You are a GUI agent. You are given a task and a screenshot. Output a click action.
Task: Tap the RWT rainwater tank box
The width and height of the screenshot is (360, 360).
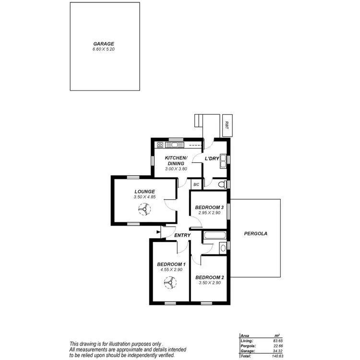click(x=226, y=125)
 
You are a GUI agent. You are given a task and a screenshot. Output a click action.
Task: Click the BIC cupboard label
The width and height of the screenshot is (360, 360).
click(x=196, y=184)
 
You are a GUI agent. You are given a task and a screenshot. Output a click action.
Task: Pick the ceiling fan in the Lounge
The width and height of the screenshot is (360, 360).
click(x=144, y=209)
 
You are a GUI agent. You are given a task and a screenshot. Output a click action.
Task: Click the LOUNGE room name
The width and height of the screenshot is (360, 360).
click(x=144, y=191)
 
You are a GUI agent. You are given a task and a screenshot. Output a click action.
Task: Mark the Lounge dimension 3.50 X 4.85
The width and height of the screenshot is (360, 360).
click(x=144, y=197)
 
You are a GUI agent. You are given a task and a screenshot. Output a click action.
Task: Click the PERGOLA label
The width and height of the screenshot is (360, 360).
click(x=255, y=234)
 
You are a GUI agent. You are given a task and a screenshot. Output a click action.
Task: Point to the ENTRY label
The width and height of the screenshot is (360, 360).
click(x=182, y=235)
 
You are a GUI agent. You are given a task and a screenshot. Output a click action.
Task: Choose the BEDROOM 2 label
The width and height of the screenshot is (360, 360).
click(x=210, y=277)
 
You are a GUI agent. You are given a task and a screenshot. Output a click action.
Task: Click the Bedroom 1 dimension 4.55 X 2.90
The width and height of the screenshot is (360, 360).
click(x=171, y=270)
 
